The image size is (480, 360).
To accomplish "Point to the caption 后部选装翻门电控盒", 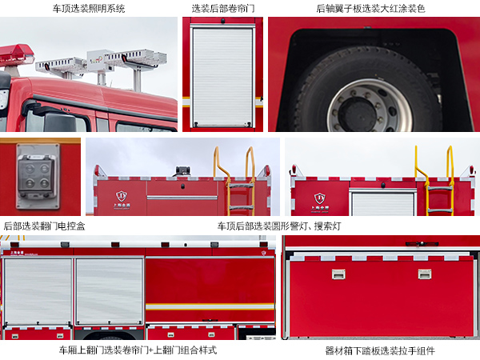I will click(45, 226).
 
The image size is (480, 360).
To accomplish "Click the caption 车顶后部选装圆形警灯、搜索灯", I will click(279, 226).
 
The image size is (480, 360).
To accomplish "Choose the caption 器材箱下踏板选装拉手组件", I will click(380, 350).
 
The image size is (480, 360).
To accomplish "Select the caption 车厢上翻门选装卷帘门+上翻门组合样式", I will click(138, 350).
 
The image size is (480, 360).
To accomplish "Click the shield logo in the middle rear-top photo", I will click(122, 196).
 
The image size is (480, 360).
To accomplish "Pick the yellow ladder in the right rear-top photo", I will click(438, 184).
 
